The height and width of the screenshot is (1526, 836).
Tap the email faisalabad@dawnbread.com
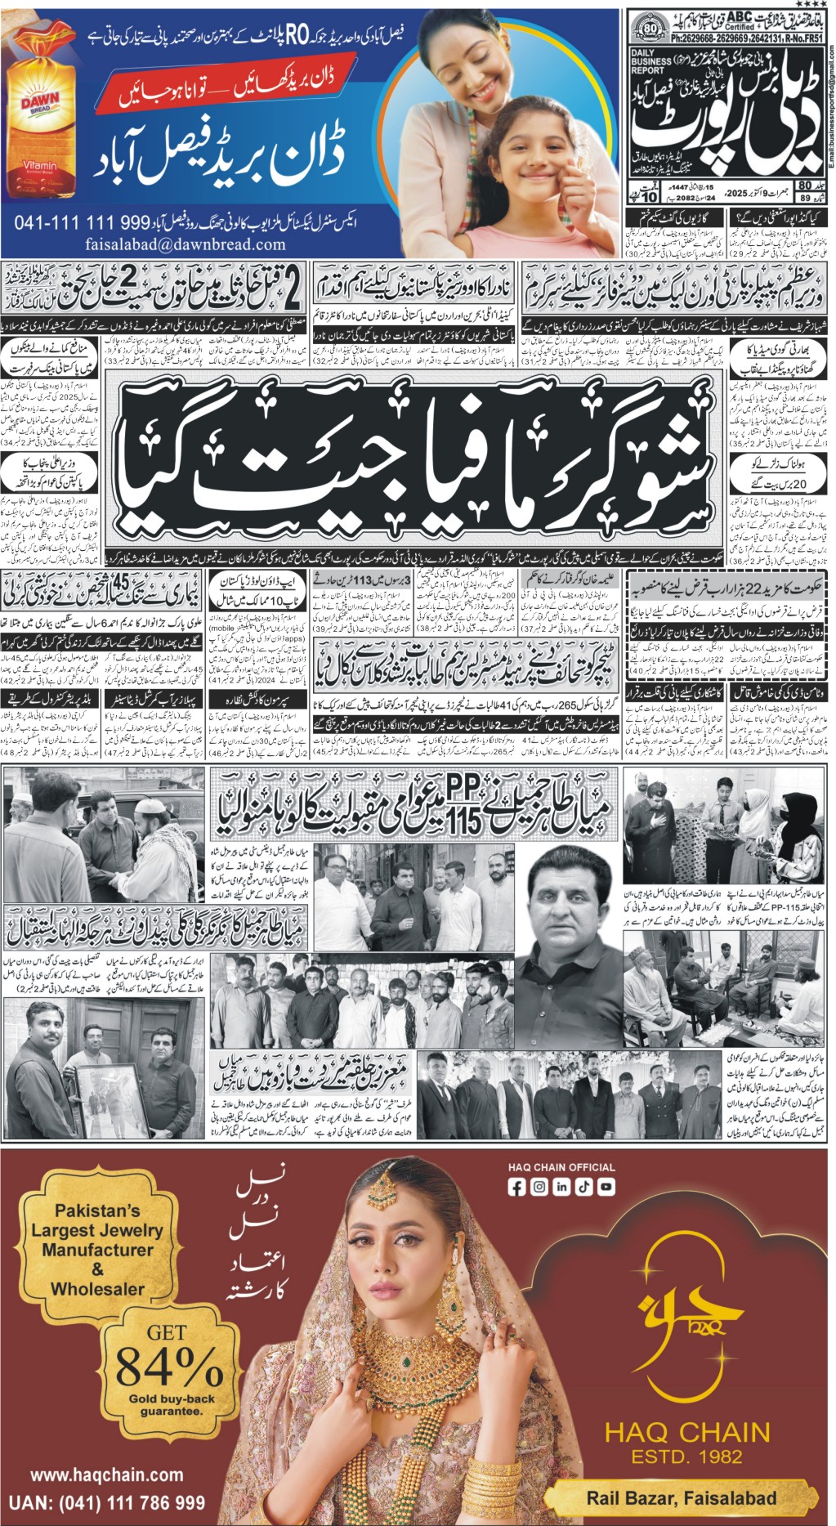(x=186, y=244)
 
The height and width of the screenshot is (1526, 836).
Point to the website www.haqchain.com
(x=106, y=1475)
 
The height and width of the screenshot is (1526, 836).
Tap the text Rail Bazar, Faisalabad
(x=682, y=1497)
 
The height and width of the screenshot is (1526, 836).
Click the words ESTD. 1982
(x=686, y=1456)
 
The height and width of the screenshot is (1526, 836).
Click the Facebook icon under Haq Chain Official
(x=516, y=1187)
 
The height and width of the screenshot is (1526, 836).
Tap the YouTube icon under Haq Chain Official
(x=606, y=1187)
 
